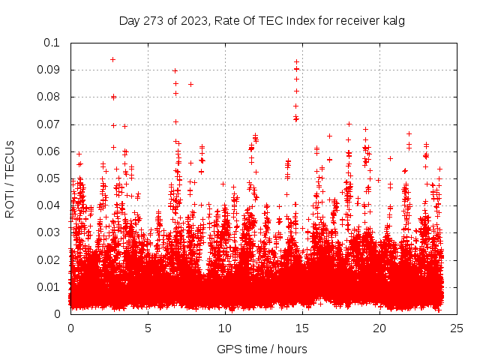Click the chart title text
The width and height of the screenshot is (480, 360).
tap(262, 21)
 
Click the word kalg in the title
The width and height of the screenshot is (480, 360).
tap(393, 21)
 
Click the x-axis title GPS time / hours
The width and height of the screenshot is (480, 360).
tap(262, 349)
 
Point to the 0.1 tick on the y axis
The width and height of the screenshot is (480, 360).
tap(52, 43)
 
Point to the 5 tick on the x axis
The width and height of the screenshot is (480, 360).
tap(148, 328)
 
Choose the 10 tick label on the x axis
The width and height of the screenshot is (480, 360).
tap(225, 328)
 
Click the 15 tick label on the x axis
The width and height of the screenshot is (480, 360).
tap(302, 328)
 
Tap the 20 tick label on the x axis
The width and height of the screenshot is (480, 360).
tap(379, 328)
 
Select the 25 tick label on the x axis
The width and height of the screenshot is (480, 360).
tap(457, 328)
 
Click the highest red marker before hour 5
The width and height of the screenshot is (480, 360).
tap(112, 59)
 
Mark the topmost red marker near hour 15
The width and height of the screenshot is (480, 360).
tap(296, 61)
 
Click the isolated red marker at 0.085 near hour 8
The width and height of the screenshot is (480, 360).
tap(190, 84)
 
